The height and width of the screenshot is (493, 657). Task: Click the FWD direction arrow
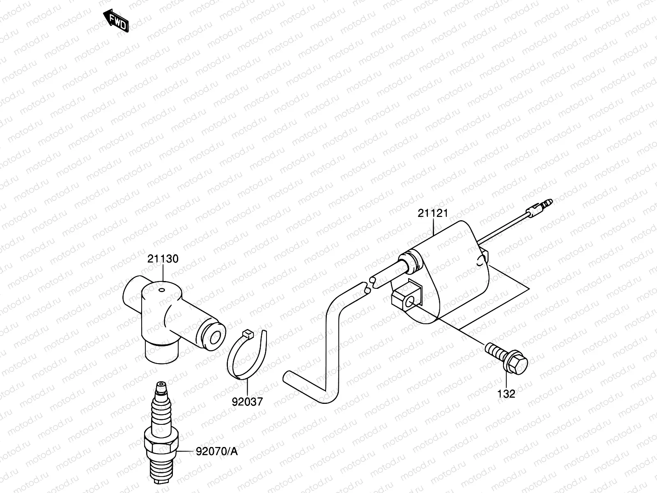coord(117,21)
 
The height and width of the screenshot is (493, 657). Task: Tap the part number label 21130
coord(163,259)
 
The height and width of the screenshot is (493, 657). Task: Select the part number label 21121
coord(433,213)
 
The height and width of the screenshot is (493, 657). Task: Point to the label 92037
coord(247,401)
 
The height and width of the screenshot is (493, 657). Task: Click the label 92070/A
coord(217,452)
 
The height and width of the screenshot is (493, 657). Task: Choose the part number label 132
coord(506,394)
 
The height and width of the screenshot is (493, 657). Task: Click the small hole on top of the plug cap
coord(161,290)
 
